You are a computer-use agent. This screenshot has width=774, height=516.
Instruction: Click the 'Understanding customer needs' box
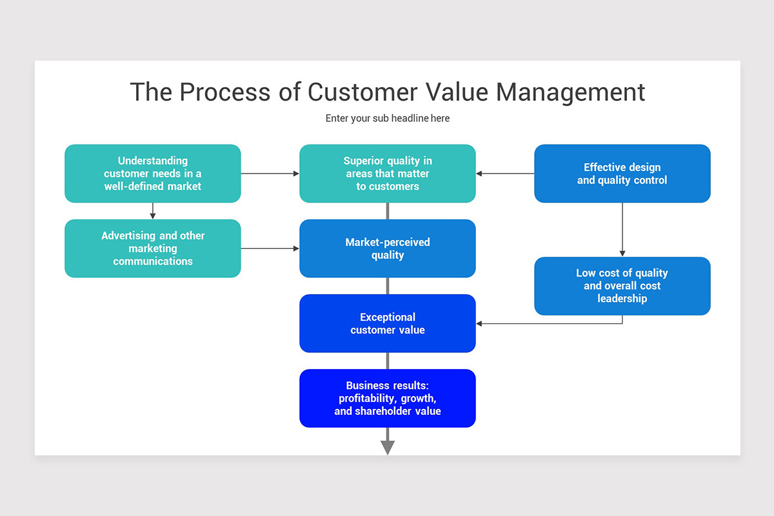pos(153,174)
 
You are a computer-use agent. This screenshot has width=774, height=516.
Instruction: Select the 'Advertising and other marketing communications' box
pos(153,248)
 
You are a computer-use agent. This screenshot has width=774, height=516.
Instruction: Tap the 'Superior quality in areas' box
pos(388,174)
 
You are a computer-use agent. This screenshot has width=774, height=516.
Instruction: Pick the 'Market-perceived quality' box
pos(388,248)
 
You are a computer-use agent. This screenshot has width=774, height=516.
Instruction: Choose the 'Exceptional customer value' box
pos(388,323)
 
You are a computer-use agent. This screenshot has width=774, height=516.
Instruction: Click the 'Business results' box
pos(388,398)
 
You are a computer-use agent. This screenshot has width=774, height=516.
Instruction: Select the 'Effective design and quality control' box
pos(622,174)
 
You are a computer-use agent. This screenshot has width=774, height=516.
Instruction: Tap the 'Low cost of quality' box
pos(622,286)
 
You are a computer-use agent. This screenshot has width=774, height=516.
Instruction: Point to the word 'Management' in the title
pos(570,92)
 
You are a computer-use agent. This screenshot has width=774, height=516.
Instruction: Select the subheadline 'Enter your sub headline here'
pos(388,118)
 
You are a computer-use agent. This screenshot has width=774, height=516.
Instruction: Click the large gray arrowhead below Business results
pos(388,447)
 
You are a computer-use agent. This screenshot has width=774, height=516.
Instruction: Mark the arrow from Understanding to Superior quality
pos(270,174)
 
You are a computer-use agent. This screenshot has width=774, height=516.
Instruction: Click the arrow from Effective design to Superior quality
pos(505,174)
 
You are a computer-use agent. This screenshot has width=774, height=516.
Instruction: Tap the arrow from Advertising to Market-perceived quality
pos(270,248)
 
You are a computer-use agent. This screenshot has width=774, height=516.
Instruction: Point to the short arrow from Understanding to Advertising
pos(153,211)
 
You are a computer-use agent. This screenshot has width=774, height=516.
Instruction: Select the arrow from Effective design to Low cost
pos(622,230)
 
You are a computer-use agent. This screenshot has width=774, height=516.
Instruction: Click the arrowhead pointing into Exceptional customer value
pos(480,323)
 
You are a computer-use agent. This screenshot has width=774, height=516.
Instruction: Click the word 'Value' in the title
pos(457,92)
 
